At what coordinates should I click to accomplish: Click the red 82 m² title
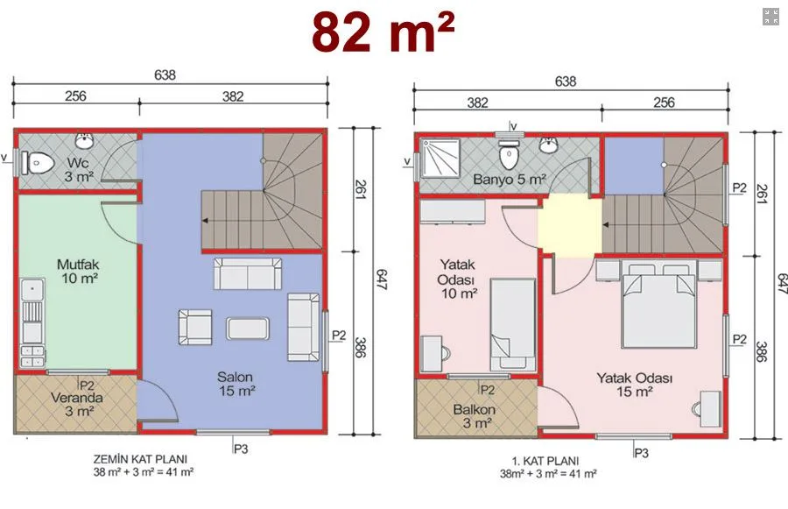tap(383, 32)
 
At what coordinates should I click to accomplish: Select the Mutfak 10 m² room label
tap(78, 271)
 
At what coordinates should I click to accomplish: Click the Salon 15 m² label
tap(236, 384)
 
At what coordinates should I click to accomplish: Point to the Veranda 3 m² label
tap(77, 405)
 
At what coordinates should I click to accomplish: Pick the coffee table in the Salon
tap(247, 329)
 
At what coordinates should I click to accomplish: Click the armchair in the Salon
tap(195, 327)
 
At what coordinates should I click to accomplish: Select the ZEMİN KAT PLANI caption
tap(140, 459)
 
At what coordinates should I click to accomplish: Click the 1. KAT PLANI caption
tap(545, 461)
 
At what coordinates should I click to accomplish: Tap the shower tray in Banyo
tap(440, 158)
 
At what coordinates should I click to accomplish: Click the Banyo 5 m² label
tap(510, 180)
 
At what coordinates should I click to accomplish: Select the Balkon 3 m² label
tap(475, 416)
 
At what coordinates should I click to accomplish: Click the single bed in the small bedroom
tap(512, 324)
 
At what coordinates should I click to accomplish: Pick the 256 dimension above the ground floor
tap(75, 95)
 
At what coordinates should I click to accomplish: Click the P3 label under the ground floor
tap(241, 449)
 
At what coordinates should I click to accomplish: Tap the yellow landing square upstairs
tap(570, 225)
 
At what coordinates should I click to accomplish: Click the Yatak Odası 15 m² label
tap(634, 385)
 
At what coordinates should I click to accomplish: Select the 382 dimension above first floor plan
tap(477, 103)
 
